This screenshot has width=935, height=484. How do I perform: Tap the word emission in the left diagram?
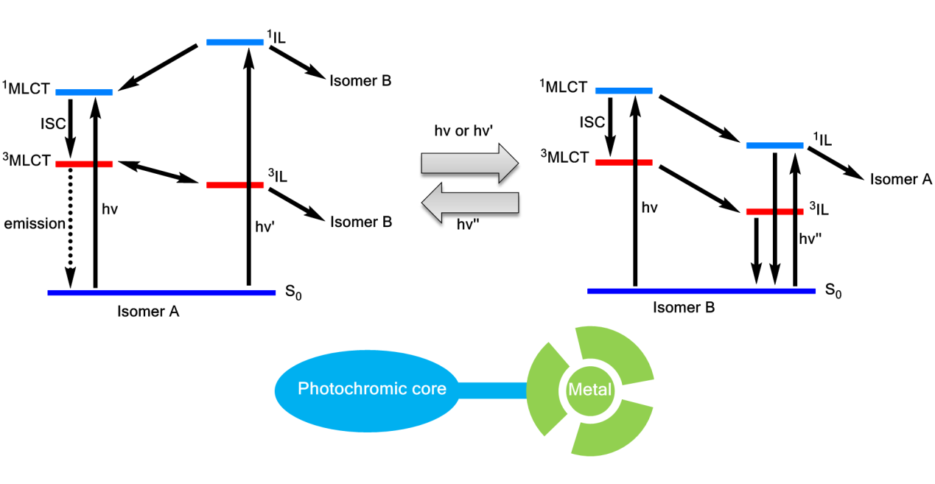[35, 223]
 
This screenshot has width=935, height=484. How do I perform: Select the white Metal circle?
[590, 389]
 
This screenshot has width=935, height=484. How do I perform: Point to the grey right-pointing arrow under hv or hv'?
[470, 164]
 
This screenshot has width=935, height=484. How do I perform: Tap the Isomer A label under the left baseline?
[148, 312]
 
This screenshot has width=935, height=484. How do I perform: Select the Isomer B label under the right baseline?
[684, 308]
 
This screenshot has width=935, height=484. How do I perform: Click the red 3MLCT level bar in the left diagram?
[84, 164]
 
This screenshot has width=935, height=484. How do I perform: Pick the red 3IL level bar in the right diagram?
[774, 212]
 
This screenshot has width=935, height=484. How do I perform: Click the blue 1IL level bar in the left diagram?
[234, 42]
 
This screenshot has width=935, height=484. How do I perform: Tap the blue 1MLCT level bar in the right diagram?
[623, 91]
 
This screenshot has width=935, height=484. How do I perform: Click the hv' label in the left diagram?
[265, 228]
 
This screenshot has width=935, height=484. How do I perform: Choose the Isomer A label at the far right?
[901, 179]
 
